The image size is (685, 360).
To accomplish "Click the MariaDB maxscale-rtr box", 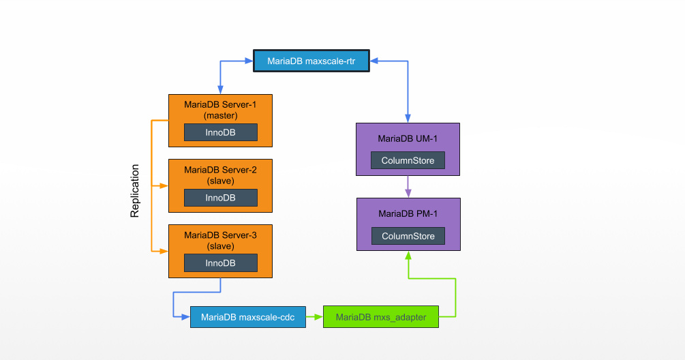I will [x=311, y=61].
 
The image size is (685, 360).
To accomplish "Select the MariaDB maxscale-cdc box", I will [x=247, y=317].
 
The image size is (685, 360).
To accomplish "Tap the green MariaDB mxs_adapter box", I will [x=380, y=317].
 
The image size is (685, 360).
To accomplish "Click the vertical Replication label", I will [x=135, y=190].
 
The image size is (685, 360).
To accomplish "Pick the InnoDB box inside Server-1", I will [x=220, y=132].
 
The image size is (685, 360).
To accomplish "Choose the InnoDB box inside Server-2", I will [x=220, y=198].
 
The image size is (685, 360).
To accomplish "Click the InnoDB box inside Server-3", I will [x=220, y=262].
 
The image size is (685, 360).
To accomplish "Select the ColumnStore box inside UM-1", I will [x=408, y=160].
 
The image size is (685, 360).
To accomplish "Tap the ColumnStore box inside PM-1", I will [x=408, y=236].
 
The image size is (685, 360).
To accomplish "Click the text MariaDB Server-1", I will [x=220, y=104].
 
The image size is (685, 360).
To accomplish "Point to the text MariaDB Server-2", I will [x=220, y=170].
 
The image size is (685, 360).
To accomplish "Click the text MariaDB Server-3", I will [x=220, y=235].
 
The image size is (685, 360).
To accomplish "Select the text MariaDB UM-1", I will [x=408, y=138].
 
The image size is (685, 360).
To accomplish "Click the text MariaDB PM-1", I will [x=408, y=213].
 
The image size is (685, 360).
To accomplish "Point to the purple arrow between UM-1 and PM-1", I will [x=408, y=186].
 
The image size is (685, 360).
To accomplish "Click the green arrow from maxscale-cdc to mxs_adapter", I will [x=314, y=317].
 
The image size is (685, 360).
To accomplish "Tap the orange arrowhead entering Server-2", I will [x=164, y=185].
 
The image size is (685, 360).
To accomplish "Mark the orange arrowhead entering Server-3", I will [x=164, y=251].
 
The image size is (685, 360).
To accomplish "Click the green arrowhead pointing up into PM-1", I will [x=408, y=256].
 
